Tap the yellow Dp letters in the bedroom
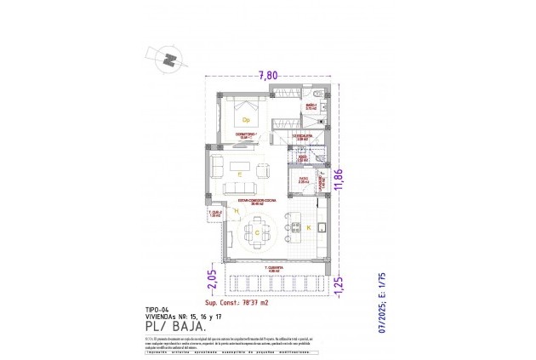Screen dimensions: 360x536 coord(245,120)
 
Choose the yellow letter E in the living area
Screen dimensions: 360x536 coord(241,174)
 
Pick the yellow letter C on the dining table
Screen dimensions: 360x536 coord(257,231)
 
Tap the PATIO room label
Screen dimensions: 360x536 coord(304,179)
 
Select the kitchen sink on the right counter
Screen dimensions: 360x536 coord(323,227)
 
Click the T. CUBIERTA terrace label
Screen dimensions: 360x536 coord(271,269)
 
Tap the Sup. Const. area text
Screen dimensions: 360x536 coord(237,302)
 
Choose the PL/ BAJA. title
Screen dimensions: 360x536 coord(174,325)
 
